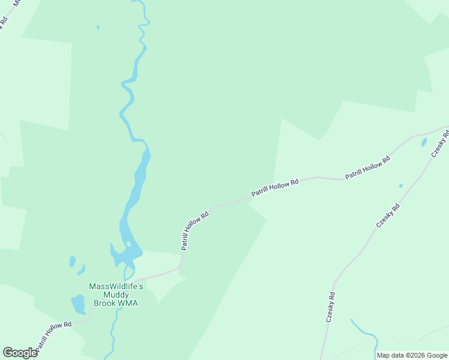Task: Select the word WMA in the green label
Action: [127, 303]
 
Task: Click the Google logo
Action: [20, 353]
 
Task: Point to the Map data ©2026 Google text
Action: [412, 355]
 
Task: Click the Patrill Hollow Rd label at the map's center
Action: [274, 187]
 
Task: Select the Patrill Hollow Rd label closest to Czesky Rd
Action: [367, 167]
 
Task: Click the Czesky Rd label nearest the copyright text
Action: [331, 307]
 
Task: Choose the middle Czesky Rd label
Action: [387, 215]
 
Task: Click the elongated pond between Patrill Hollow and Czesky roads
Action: [424, 142]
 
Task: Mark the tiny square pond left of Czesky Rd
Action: [400, 186]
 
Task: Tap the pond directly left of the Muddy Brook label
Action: [78, 304]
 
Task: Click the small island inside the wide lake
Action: [128, 244]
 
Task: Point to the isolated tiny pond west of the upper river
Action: [98, 27]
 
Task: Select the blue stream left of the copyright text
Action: [363, 332]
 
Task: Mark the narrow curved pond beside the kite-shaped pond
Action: [82, 270]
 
